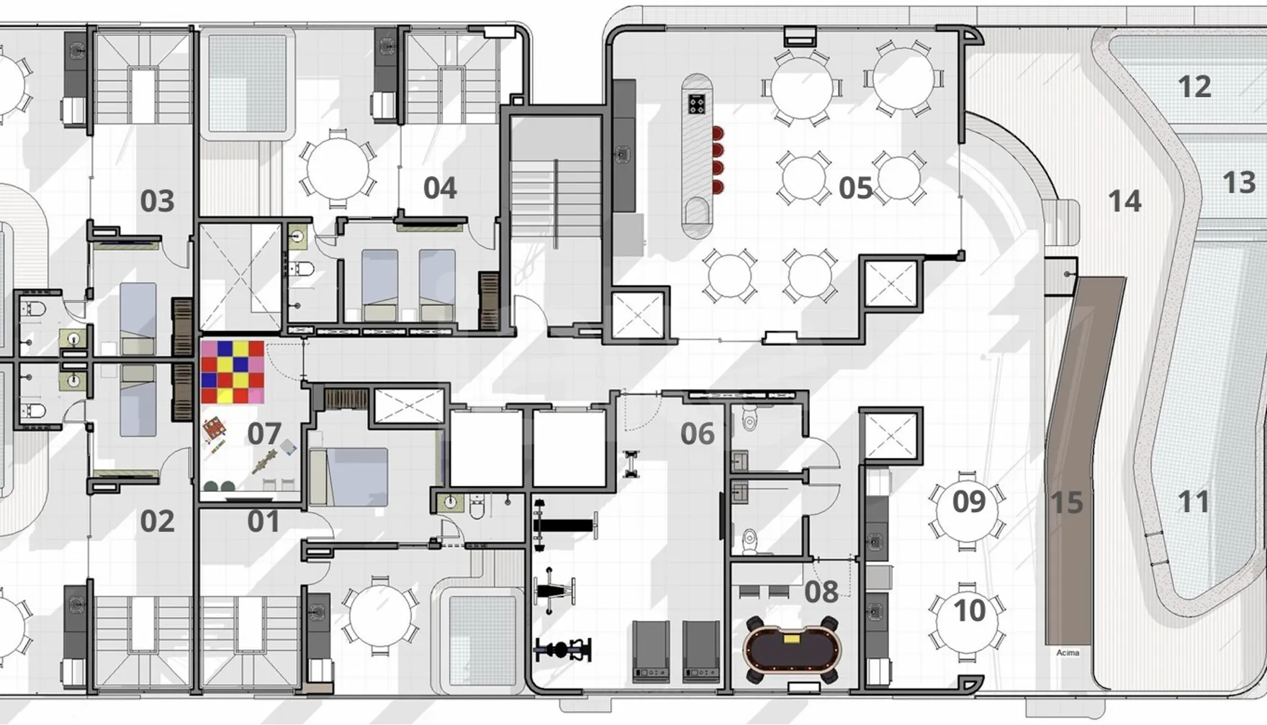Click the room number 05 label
coord(855,188)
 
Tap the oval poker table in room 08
coord(792,649)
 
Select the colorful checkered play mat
coord(233,372)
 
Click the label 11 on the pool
coord(1193,501)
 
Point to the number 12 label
coord(1194,87)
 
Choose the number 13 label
coord(1239,183)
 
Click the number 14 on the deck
coord(1124,201)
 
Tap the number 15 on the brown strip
coord(1066,503)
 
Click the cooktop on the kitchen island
coord(696,104)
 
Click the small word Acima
coord(1068,653)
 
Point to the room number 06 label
coord(697,434)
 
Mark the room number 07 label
coord(263,434)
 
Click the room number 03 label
coord(157,201)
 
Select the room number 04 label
coord(440,188)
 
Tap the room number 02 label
coord(157,521)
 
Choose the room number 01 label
coord(263,521)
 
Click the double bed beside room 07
coord(349,477)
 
